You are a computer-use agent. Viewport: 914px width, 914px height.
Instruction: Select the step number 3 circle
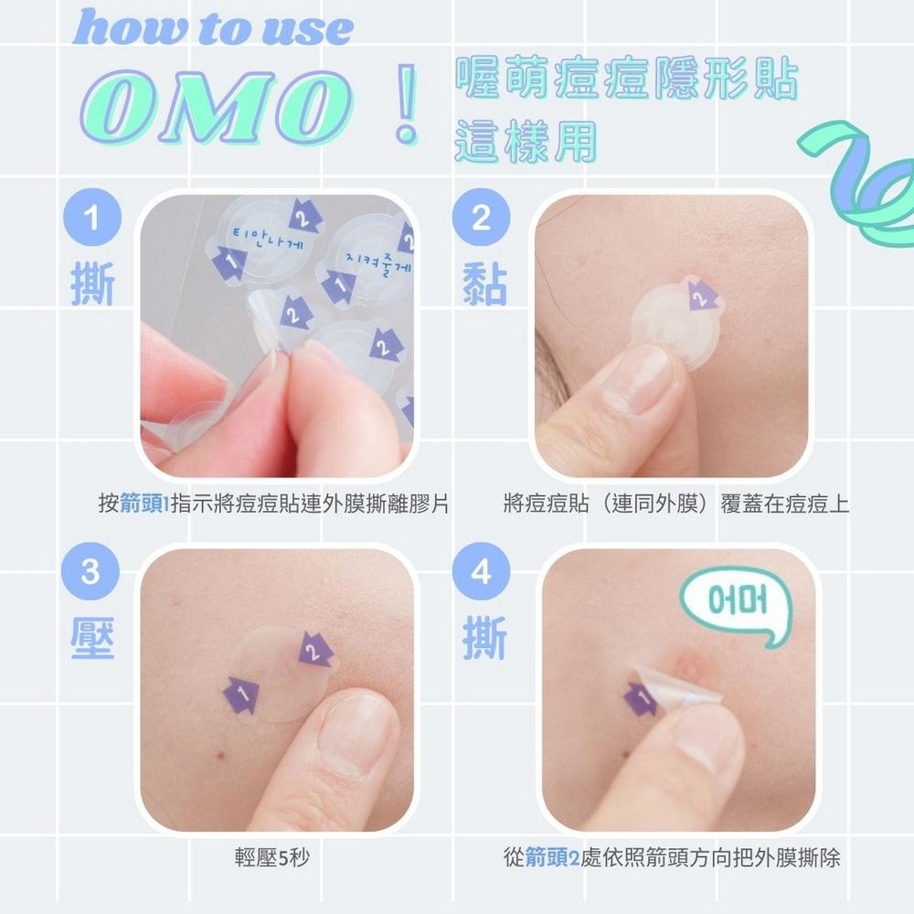coord(90,574)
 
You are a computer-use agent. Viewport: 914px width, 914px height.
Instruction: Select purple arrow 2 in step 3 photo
coord(314,652)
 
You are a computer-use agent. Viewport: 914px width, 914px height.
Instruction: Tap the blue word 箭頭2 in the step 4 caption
coord(553,858)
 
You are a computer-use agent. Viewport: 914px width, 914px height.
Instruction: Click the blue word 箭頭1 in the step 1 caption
coord(144,504)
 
